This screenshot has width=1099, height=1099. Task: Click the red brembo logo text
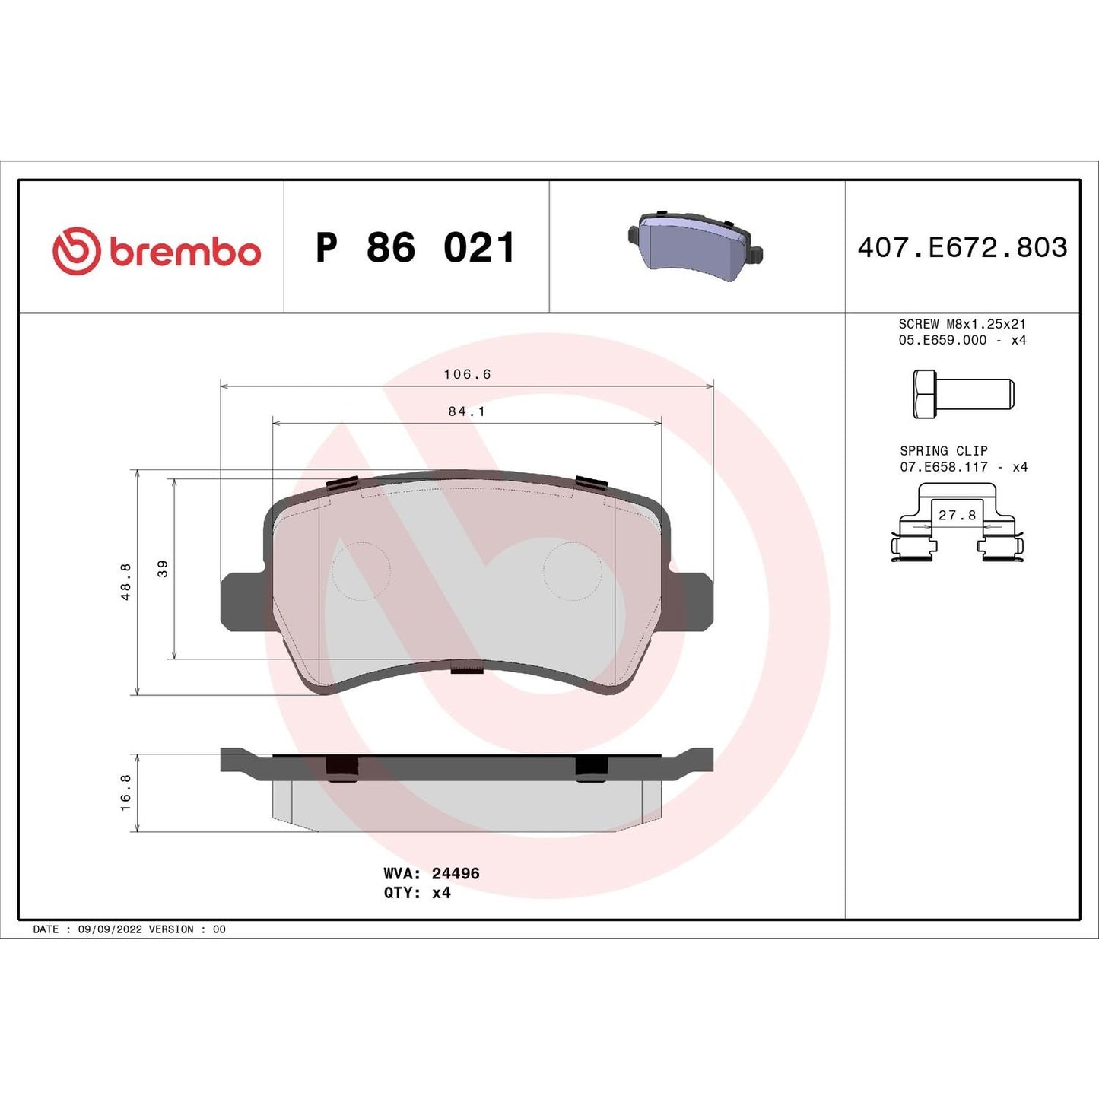click(185, 252)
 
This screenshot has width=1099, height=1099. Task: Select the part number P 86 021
click(416, 248)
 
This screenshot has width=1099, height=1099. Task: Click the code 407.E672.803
click(962, 248)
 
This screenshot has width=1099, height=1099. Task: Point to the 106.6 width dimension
click(467, 374)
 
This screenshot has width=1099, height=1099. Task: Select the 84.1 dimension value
click(466, 411)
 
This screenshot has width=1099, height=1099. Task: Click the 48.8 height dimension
click(126, 581)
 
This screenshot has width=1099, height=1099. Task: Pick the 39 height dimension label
click(163, 568)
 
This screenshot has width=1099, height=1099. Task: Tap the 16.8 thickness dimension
click(126, 792)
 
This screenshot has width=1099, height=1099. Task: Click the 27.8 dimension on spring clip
click(957, 516)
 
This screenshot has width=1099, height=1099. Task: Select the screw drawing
click(963, 394)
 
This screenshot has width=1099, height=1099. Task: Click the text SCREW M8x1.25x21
click(962, 324)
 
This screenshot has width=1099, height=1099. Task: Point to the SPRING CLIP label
click(944, 451)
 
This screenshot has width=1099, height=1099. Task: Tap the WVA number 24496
click(456, 874)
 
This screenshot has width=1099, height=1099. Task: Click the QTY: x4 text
click(417, 893)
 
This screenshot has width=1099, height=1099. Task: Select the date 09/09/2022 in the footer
click(110, 929)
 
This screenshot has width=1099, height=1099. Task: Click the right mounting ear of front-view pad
click(692, 601)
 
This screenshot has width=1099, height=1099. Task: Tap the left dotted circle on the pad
click(361, 570)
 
